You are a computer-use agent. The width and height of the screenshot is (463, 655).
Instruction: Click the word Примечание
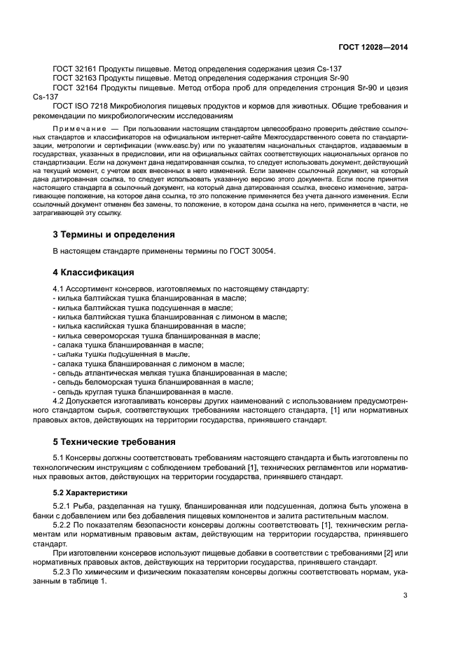point(81,130)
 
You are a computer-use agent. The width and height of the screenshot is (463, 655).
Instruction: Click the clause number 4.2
point(59,401)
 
